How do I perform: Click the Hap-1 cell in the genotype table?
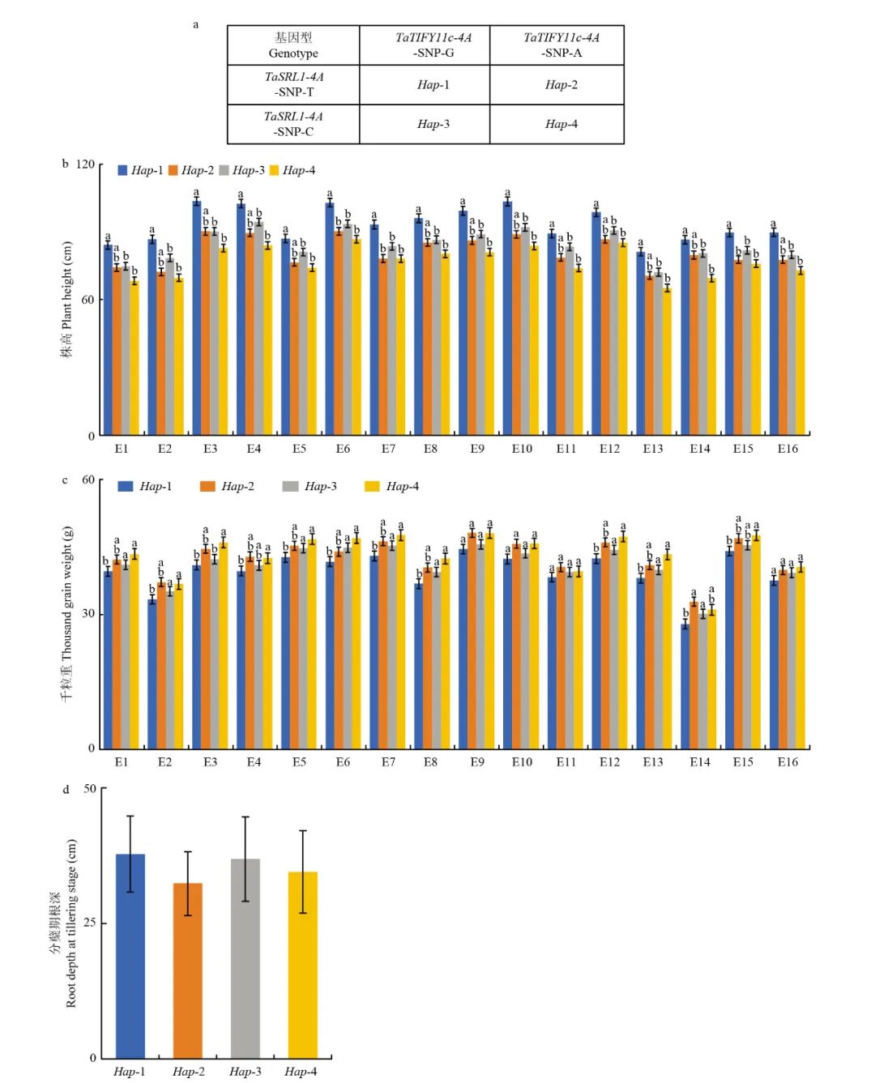pos(433,85)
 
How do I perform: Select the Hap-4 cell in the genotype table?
pos(561,124)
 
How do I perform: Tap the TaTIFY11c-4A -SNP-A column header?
pos(561,45)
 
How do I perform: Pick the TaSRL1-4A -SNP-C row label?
pos(293,124)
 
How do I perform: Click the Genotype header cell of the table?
pos(293,45)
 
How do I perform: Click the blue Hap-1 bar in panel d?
pos(130,955)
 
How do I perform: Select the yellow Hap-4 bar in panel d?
pos(302,964)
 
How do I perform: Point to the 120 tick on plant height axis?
pos(85,164)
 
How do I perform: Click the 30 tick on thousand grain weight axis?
pos(88,613)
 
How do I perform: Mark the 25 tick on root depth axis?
pos(88,923)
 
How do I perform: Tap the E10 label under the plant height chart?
pos(522,449)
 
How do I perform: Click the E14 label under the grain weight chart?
pos(699,762)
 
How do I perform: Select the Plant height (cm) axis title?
pos(66,300)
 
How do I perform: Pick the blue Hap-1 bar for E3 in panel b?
pos(197,318)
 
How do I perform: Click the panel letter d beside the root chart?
pos(66,789)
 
